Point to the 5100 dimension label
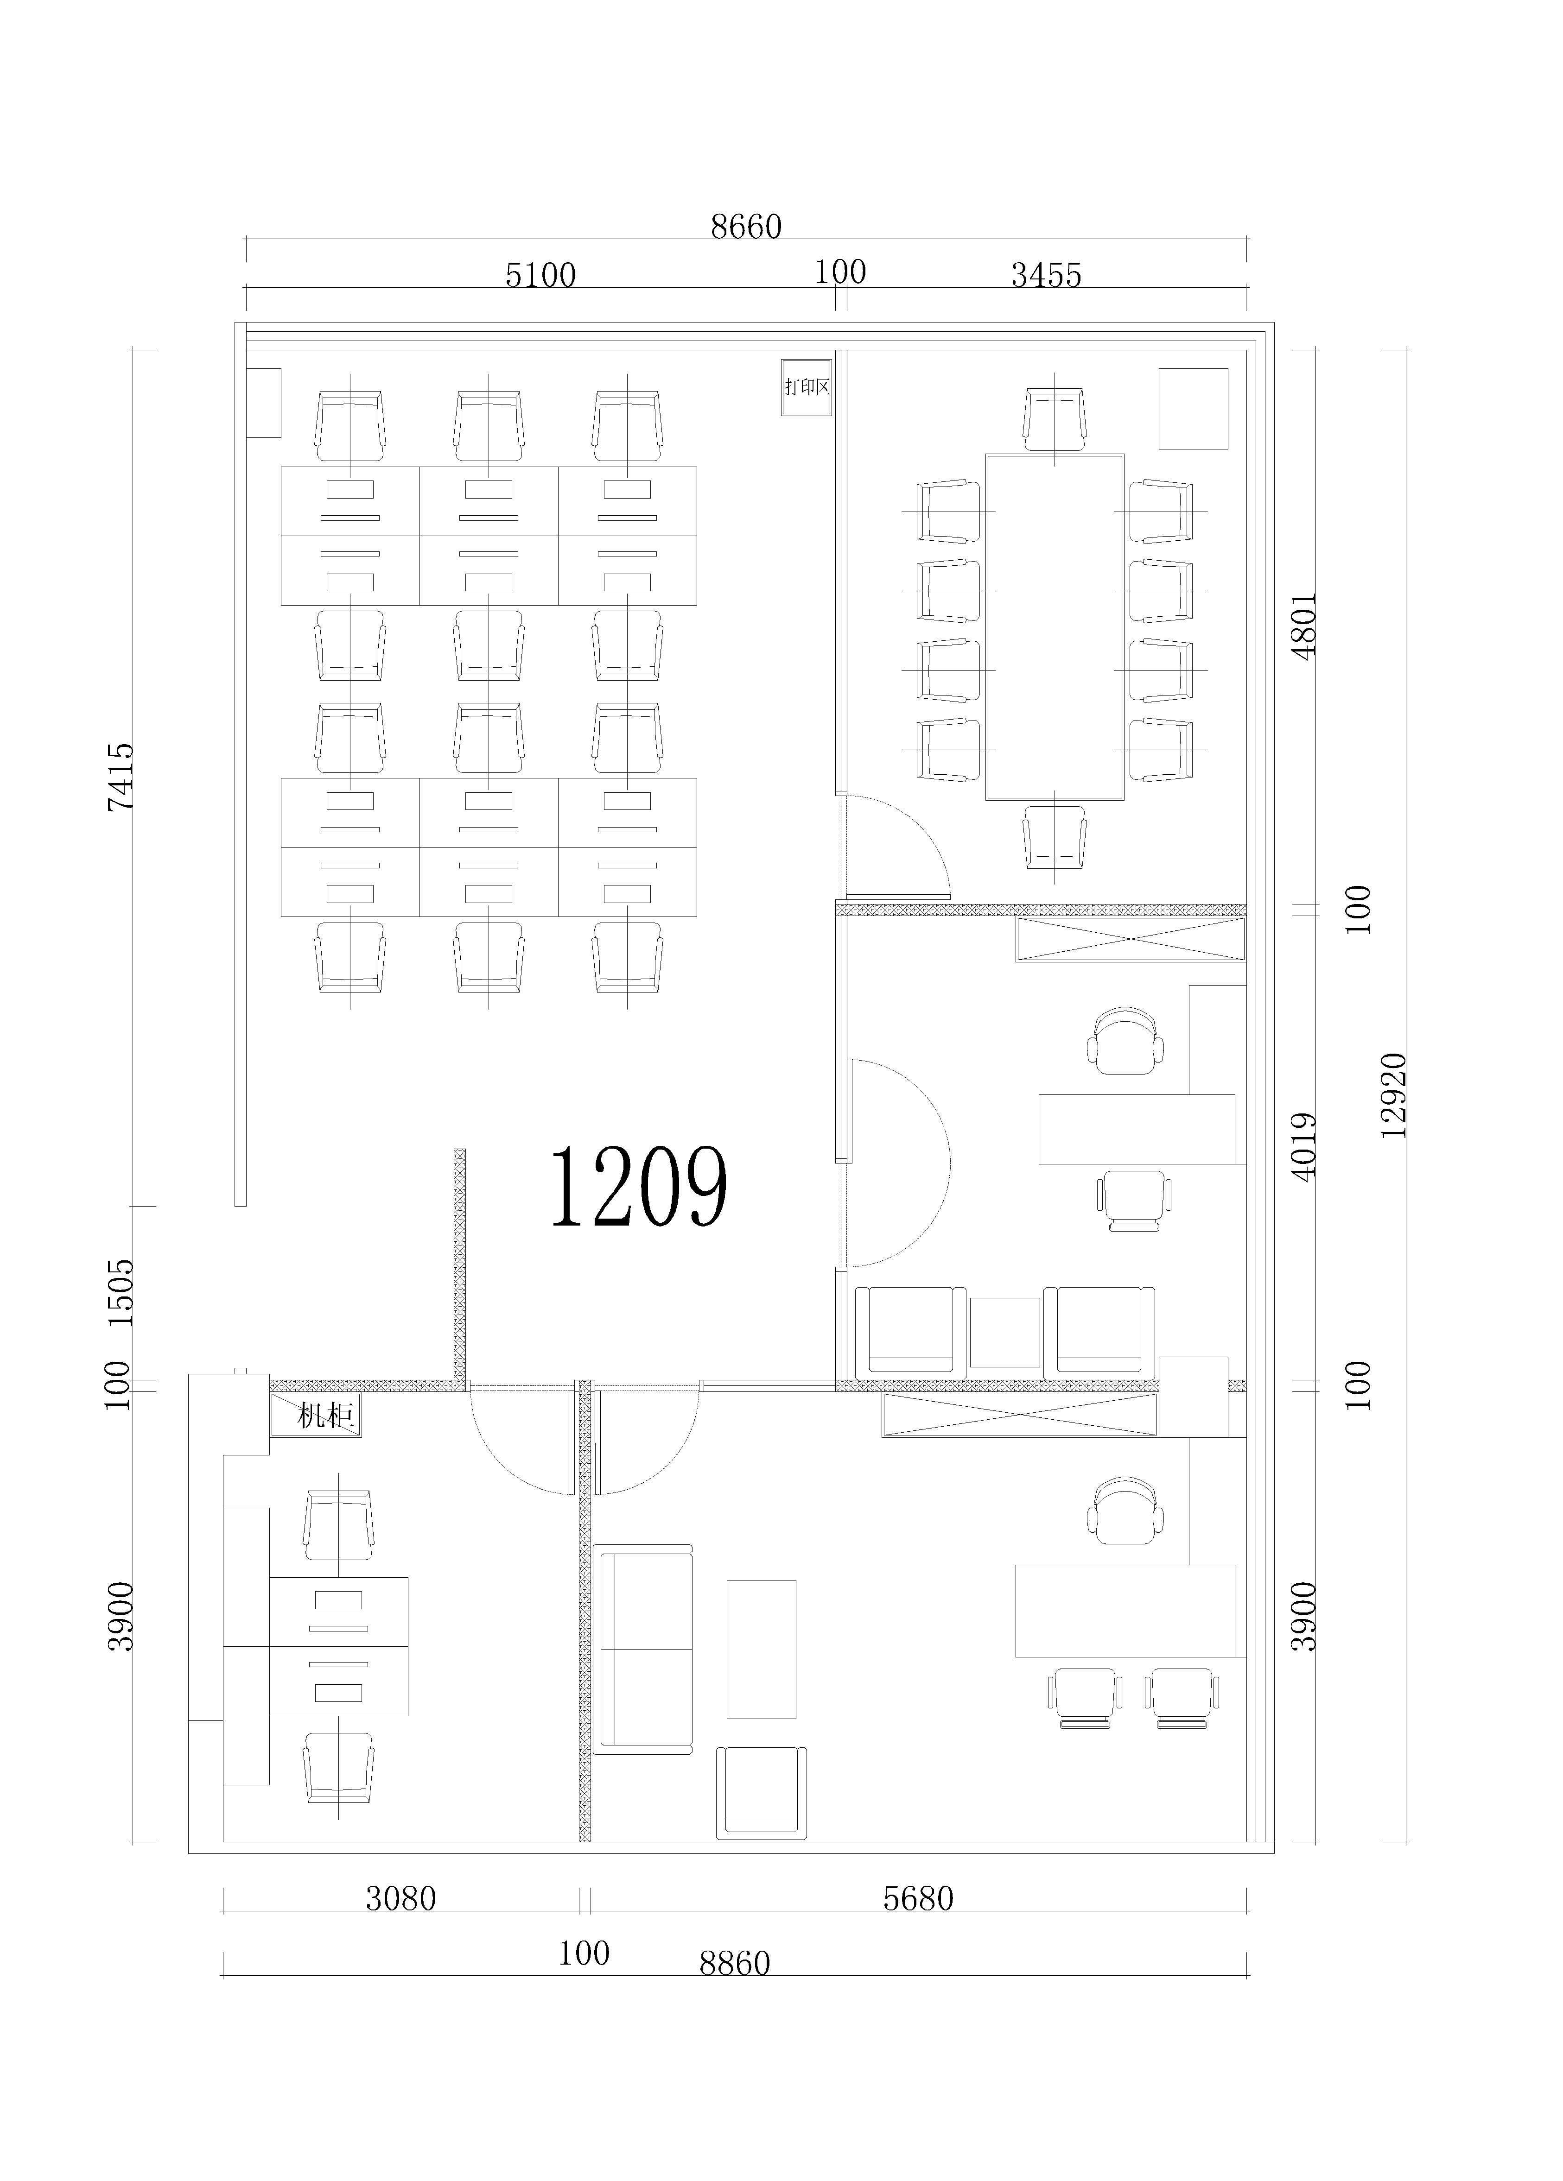(x=540, y=275)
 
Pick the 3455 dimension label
(x=1047, y=275)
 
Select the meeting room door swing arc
(x=923, y=827)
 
